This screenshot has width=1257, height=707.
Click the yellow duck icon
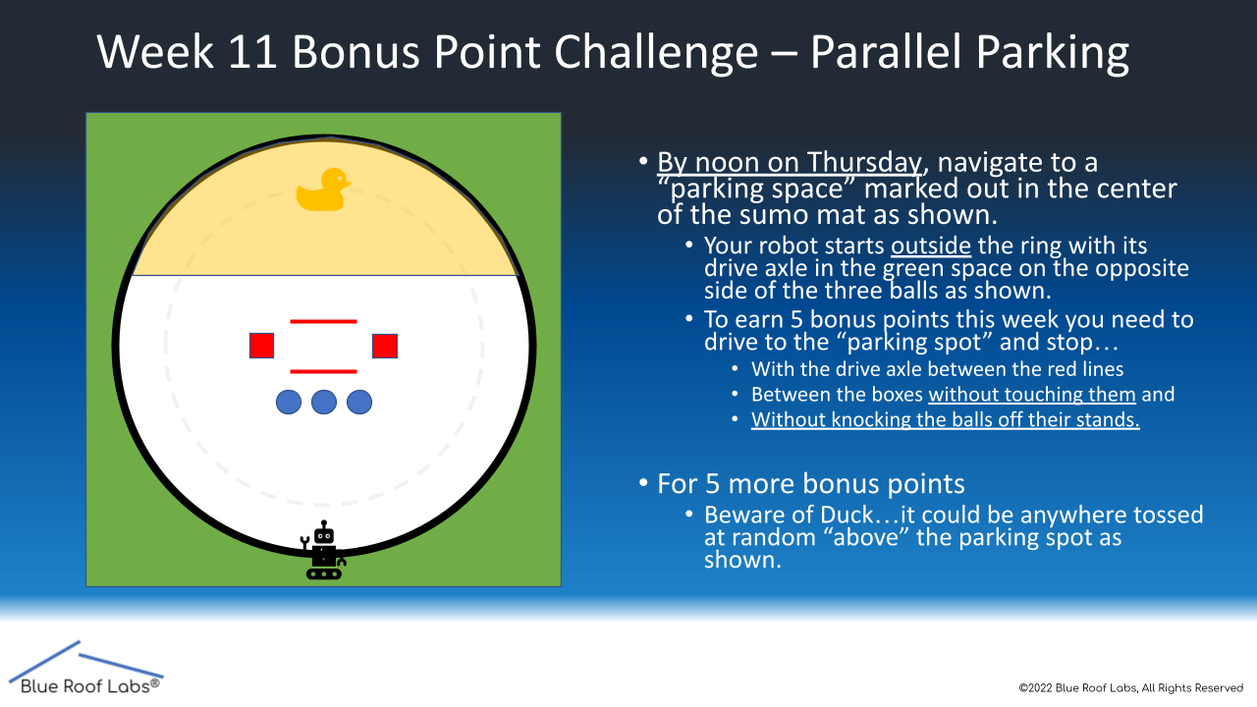pyautogui.click(x=322, y=190)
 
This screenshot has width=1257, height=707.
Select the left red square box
pyautogui.click(x=261, y=346)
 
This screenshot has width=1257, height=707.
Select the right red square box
pyautogui.click(x=385, y=346)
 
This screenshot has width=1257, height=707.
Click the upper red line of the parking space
pyautogui.click(x=323, y=321)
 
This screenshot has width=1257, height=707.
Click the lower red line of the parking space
pyautogui.click(x=323, y=371)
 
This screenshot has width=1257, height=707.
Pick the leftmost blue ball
pyautogui.click(x=289, y=403)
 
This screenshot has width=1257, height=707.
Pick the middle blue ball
pyautogui.click(x=324, y=403)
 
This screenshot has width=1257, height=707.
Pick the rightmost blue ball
pyautogui.click(x=359, y=403)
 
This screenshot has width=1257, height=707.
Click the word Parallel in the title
pyautogui.click(x=886, y=52)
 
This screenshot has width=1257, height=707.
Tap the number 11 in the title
pyautogui.click(x=252, y=52)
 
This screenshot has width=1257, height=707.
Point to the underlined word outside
pyautogui.click(x=931, y=245)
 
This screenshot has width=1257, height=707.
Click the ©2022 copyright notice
pyautogui.click(x=1130, y=688)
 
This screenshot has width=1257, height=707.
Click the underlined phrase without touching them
pyautogui.click(x=1032, y=395)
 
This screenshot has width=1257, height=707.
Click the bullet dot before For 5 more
pyautogui.click(x=643, y=483)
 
